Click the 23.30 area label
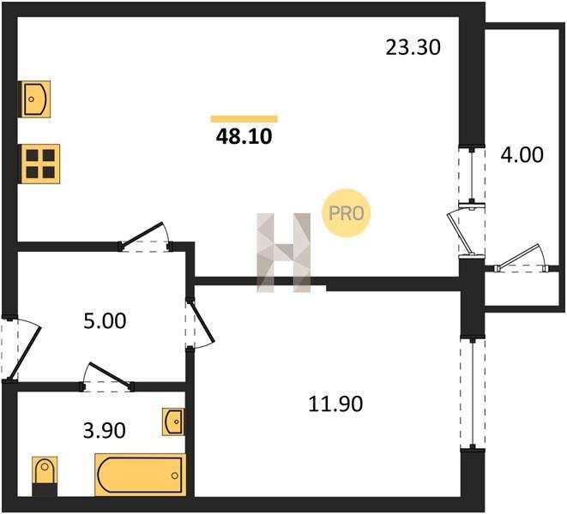[413, 47]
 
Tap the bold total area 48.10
[244, 137]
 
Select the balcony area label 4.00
[522, 155]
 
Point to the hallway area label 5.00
[105, 321]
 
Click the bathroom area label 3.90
[104, 431]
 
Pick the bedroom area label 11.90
[335, 403]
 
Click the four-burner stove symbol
[39, 164]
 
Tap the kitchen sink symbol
[34, 99]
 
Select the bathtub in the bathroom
[141, 475]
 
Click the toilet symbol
[45, 475]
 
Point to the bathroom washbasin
[173, 421]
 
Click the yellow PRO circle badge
[346, 213]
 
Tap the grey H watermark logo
[283, 253]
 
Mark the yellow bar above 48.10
[244, 119]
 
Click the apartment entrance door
[20, 349]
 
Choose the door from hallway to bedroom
[200, 324]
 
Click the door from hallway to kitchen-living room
[145, 236]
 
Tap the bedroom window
[473, 394]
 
